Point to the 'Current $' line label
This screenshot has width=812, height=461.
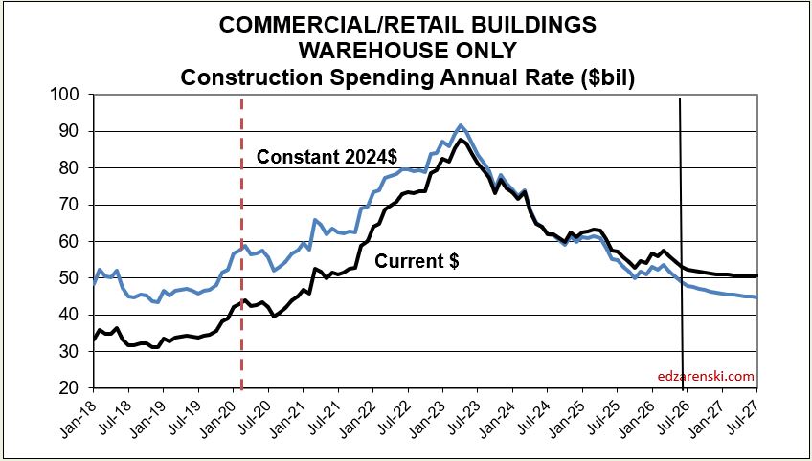pos(417,261)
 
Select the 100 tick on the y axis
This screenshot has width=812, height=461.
pos(69,96)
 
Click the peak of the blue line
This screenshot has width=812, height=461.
pos(461,125)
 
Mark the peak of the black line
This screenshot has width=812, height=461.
pos(461,140)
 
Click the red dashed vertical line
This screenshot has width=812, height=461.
pos(242,242)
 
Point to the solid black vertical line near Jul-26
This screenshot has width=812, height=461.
pos(682,243)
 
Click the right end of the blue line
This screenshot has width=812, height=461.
pos(757,297)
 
